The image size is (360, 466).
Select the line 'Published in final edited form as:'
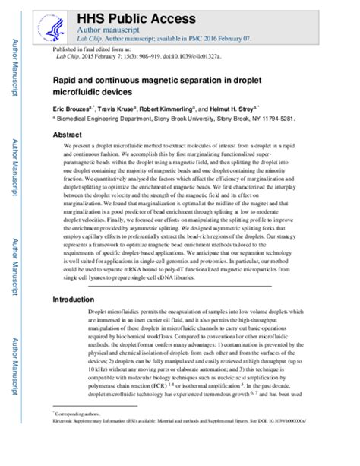[87, 47]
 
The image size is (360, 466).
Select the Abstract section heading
[67, 133]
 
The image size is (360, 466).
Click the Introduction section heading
[76, 300]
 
